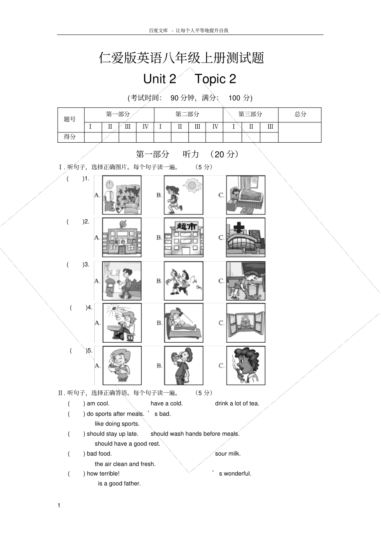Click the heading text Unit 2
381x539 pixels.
pyautogui.click(x=160, y=79)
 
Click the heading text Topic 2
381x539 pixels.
pyautogui.click(x=215, y=79)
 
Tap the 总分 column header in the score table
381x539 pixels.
pyautogui.click(x=300, y=114)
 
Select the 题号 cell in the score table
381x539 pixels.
pyautogui.click(x=70, y=119)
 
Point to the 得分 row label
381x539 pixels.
pyautogui.click(x=70, y=137)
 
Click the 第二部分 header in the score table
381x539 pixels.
pyautogui.click(x=187, y=114)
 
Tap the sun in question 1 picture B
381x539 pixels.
pyautogui.click(x=191, y=186)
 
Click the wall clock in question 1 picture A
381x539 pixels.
pyautogui.click(x=109, y=184)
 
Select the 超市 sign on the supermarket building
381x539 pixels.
pyautogui.click(x=184, y=227)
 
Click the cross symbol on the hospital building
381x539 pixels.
pyautogui.click(x=239, y=228)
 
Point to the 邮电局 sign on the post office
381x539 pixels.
pyautogui.click(x=123, y=242)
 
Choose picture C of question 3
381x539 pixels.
pyautogui.click(x=245, y=281)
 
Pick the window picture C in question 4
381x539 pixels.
pyautogui.click(x=245, y=323)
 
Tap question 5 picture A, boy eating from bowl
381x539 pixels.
pyautogui.click(x=122, y=365)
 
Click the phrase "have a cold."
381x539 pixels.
pyautogui.click(x=166, y=404)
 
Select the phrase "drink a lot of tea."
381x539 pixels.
pyautogui.click(x=237, y=404)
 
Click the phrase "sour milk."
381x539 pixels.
pyautogui.click(x=228, y=454)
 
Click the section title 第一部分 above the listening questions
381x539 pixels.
pyautogui.click(x=153, y=154)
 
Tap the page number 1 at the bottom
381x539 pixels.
pyautogui.click(x=59, y=505)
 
